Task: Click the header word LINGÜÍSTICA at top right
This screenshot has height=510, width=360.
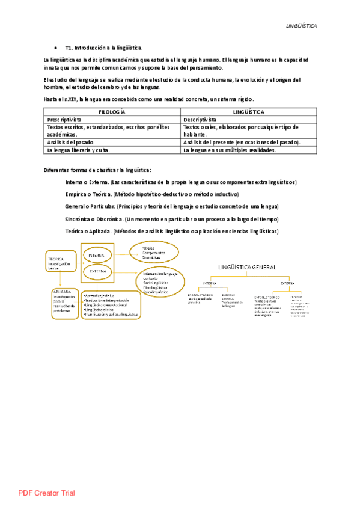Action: click(x=301, y=26)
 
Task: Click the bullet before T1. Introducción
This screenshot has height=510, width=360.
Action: click(x=55, y=47)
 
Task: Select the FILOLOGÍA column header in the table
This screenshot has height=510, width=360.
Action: click(x=112, y=112)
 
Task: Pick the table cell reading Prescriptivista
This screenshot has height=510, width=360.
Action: click(x=69, y=120)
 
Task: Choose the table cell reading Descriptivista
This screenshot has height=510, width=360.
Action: click(x=204, y=120)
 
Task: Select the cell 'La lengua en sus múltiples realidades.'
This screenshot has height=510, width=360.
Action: click(x=230, y=150)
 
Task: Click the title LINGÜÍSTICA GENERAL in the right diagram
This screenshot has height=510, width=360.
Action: click(x=248, y=266)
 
